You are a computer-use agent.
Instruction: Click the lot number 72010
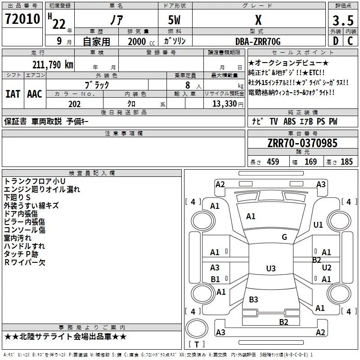coord(22,19)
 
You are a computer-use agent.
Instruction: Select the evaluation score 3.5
coord(343,20)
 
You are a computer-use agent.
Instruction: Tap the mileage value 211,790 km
coord(53,65)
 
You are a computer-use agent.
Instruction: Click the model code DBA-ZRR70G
coord(258,41)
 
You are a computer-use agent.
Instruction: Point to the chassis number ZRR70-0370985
coord(302,143)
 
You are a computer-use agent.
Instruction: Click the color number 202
coord(74,104)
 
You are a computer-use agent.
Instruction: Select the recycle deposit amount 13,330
coord(224,103)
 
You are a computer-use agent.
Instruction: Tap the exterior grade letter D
coord(336,41)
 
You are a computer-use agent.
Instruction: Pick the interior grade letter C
coord(350,41)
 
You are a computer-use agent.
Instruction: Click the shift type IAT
coord(13,94)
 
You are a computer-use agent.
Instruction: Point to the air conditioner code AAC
coord(35,94)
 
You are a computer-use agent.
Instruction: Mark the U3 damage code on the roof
coord(271,268)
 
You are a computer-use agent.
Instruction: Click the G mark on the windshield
coord(284,237)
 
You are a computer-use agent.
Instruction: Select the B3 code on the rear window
coord(253,299)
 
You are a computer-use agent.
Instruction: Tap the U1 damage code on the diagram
coord(318,225)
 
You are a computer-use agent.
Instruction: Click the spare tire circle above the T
coord(197,328)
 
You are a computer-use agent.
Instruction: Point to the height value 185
coord(346,162)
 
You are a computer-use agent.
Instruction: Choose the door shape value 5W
coord(174,20)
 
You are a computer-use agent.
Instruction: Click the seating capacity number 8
coord(188,85)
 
